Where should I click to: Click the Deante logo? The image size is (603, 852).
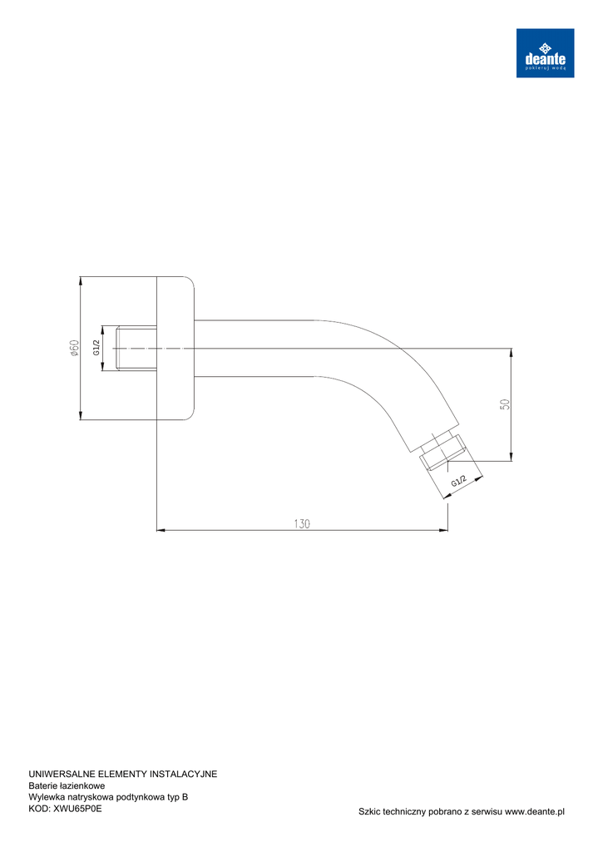point(545,52)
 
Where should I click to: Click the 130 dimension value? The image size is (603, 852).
point(302,524)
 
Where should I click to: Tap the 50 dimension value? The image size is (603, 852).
point(505,404)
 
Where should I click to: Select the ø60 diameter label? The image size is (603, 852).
point(74,349)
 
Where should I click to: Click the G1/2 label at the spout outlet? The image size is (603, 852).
point(458,481)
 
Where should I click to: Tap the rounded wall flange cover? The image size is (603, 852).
point(175,349)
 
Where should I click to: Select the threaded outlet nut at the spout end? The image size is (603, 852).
point(443,451)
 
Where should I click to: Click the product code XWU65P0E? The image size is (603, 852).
point(77,809)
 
